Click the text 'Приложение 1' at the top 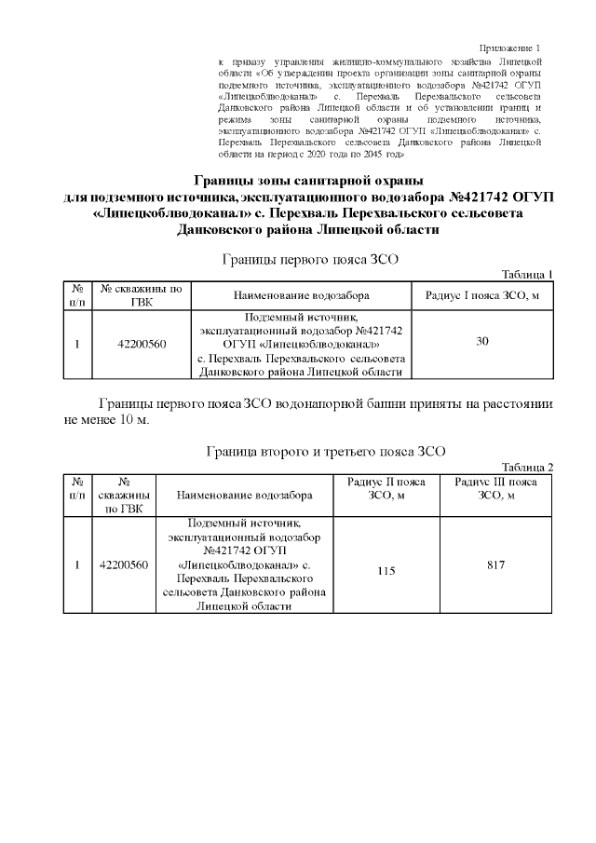509,48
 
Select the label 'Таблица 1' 527,274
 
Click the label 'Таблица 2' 527,467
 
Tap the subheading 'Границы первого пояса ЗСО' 309,259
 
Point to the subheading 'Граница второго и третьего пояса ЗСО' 325,452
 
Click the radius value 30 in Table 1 482,342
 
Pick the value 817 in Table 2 496,564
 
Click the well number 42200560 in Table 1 142,344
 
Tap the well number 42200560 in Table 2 124,565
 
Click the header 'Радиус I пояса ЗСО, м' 482,295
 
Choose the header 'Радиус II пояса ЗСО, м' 386,489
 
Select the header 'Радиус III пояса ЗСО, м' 496,489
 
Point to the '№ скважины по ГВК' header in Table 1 142,295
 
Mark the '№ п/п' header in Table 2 77,489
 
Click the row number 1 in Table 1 77,344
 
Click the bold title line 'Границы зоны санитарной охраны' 308,180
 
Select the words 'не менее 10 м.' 106,418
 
